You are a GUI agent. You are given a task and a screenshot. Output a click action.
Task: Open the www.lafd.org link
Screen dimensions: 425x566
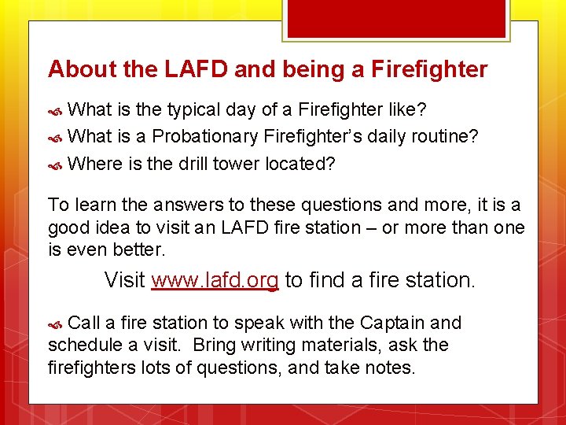point(215,280)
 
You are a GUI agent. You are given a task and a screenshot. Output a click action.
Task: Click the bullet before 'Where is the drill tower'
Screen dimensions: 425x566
point(55,165)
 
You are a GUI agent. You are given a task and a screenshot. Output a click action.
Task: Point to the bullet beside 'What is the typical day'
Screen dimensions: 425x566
point(55,109)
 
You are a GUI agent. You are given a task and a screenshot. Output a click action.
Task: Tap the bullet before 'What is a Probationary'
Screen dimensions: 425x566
point(55,137)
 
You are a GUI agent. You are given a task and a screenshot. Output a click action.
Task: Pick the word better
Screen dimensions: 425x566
point(140,249)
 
